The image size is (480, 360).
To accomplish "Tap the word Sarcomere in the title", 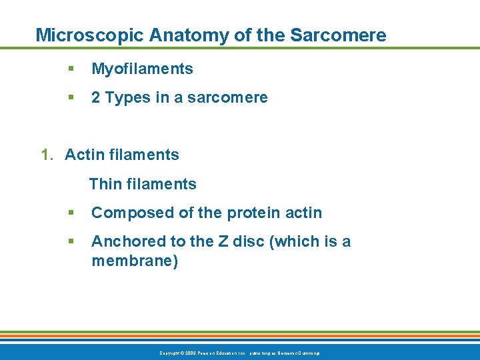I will (341, 35).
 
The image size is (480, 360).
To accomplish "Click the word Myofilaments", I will (142, 69).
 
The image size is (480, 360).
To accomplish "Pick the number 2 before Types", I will (96, 98).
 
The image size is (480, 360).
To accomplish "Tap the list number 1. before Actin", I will (47, 155).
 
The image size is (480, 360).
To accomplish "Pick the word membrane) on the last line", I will (135, 261).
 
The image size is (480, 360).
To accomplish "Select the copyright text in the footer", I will (240, 353).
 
